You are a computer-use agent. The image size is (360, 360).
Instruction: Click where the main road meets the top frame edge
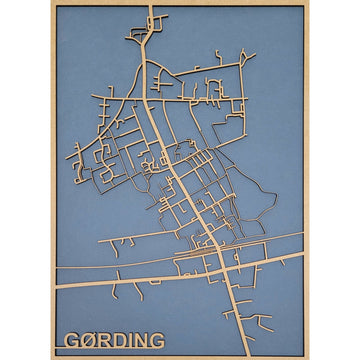point(152,7)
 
